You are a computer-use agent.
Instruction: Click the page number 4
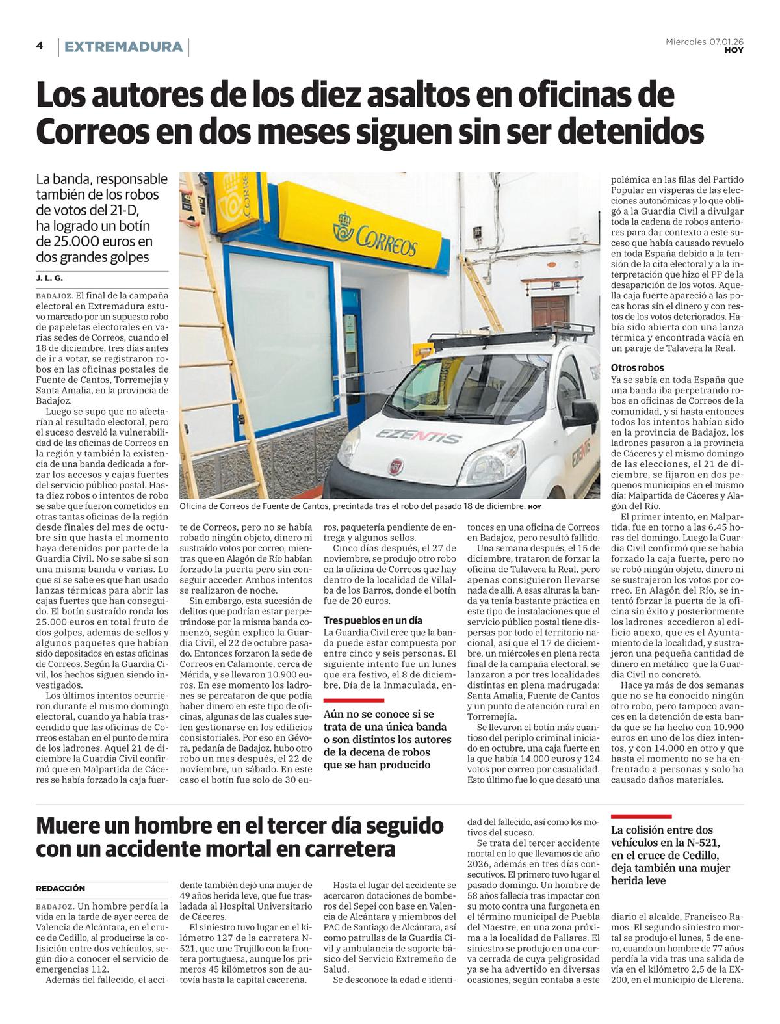[40, 46]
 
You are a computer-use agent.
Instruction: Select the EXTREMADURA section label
[123, 47]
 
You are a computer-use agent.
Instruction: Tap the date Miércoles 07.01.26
[705, 42]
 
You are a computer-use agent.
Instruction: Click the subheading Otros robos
[637, 367]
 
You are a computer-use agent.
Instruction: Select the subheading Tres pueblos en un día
[372, 620]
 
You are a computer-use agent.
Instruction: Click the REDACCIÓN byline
[60, 888]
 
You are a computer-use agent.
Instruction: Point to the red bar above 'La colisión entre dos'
[641, 816]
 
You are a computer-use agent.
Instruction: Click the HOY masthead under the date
[734, 50]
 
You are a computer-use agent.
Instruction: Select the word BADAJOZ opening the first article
[55, 295]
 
